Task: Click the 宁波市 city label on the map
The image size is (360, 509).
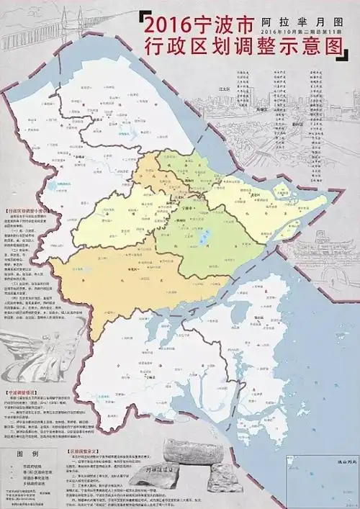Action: [x=189, y=207]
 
